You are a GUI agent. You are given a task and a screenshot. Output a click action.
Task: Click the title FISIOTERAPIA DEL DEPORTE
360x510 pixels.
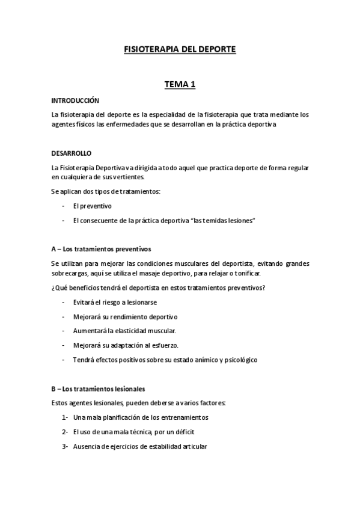point(180,51)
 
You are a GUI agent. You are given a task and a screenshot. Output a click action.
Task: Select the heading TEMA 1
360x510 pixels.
point(180,85)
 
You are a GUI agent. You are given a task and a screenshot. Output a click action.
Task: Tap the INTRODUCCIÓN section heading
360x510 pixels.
point(75,100)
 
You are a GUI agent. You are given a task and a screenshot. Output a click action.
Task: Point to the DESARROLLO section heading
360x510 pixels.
point(72,153)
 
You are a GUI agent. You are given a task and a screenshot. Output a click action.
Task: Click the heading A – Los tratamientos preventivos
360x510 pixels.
point(101,248)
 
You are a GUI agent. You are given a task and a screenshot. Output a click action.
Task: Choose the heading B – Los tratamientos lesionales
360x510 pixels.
point(99,372)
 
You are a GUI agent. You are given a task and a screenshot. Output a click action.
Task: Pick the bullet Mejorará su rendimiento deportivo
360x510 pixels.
point(125,316)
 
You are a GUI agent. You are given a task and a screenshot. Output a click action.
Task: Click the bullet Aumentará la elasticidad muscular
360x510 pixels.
point(124,331)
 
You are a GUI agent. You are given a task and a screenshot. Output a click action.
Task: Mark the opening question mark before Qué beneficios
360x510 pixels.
point(53,287)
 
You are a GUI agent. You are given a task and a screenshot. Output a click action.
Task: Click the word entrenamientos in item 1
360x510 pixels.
point(181,417)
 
